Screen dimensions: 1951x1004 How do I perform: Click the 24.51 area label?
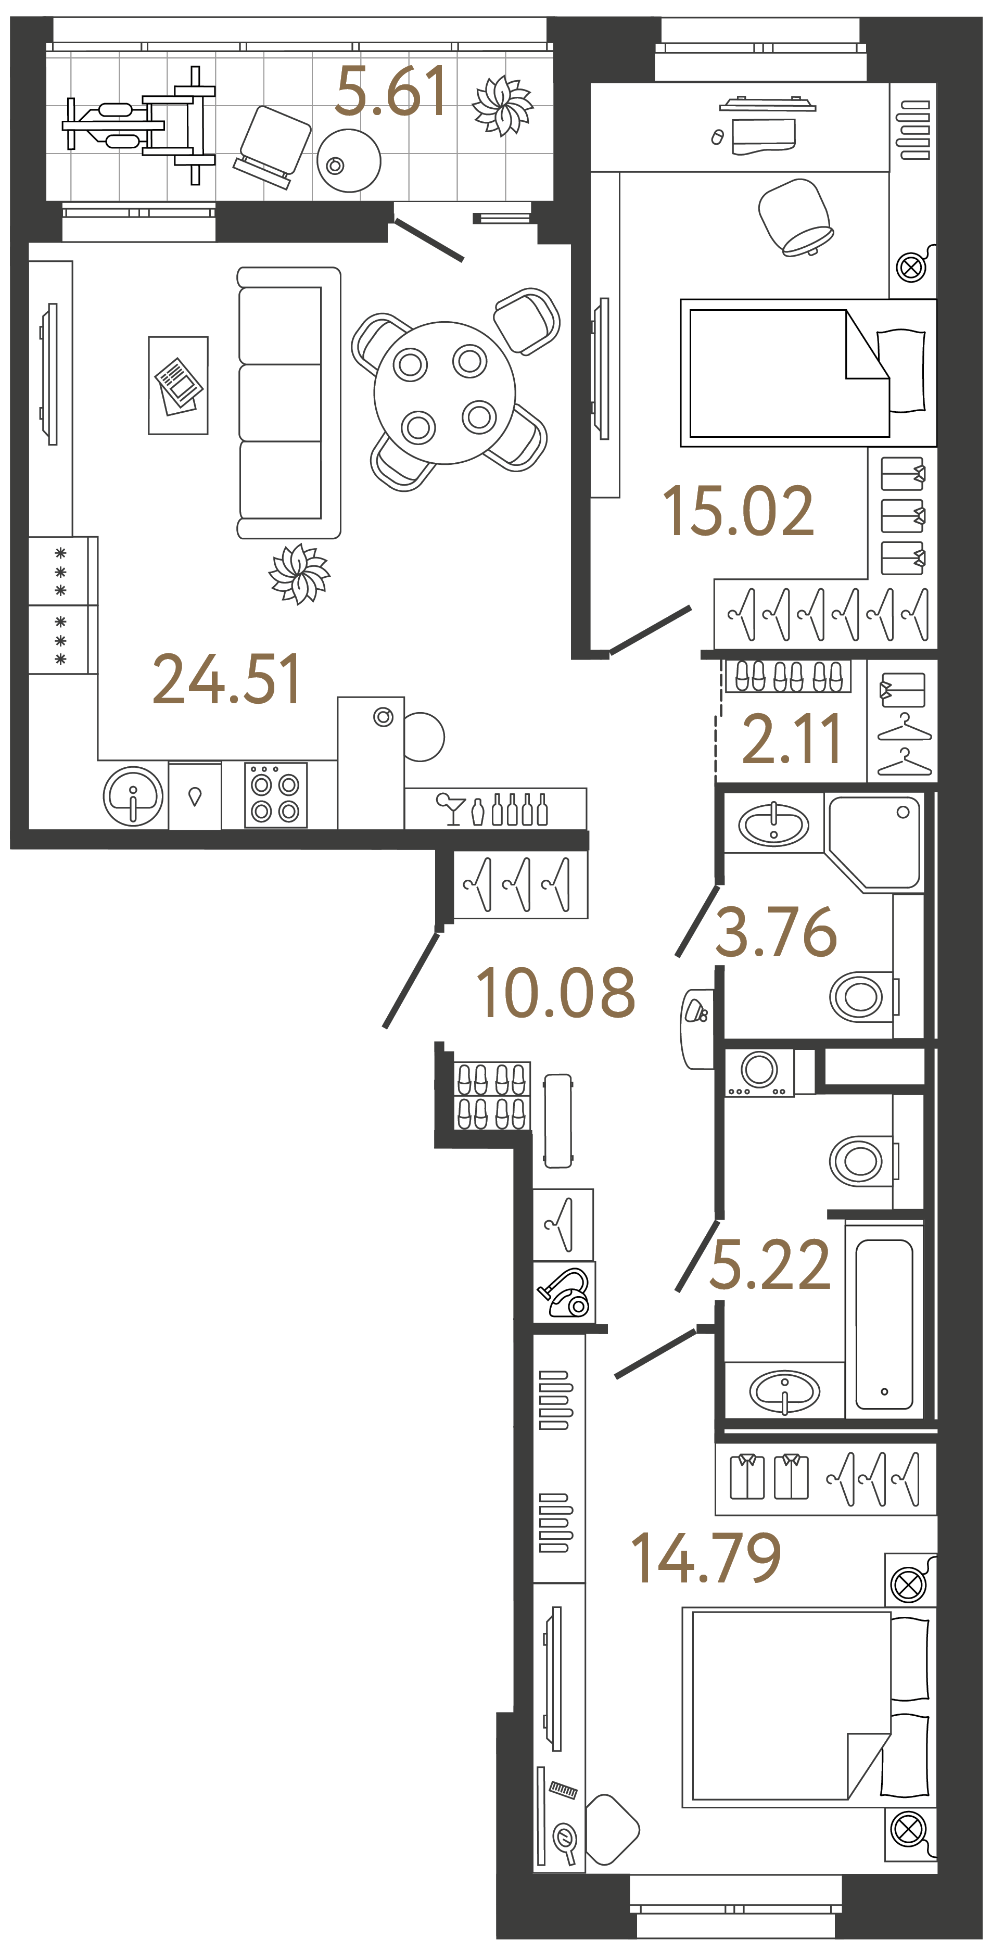pyautogui.click(x=226, y=680)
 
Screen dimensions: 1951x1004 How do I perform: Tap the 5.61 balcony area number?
pyautogui.click(x=391, y=93)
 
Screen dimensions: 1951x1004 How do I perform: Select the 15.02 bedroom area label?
pyautogui.click(x=738, y=512)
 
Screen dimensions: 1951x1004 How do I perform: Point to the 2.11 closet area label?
pyautogui.click(x=791, y=739)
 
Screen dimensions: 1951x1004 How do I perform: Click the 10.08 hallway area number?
pyautogui.click(x=555, y=993)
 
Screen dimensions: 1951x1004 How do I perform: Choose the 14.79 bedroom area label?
pyautogui.click(x=706, y=1559)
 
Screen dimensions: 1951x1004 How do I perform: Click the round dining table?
pyautogui.click(x=444, y=393)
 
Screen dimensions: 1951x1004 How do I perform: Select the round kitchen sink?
pyautogui.click(x=133, y=796)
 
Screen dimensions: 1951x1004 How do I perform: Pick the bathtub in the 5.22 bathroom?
pyautogui.click(x=884, y=1323)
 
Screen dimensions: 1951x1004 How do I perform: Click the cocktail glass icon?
pyautogui.click(x=452, y=808)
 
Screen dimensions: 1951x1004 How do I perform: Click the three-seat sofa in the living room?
pyautogui.click(x=288, y=403)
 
